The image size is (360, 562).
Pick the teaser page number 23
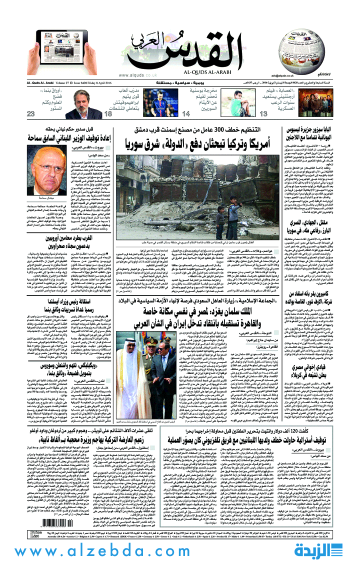(x=31, y=114)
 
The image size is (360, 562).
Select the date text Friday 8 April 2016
(x=95, y=82)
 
